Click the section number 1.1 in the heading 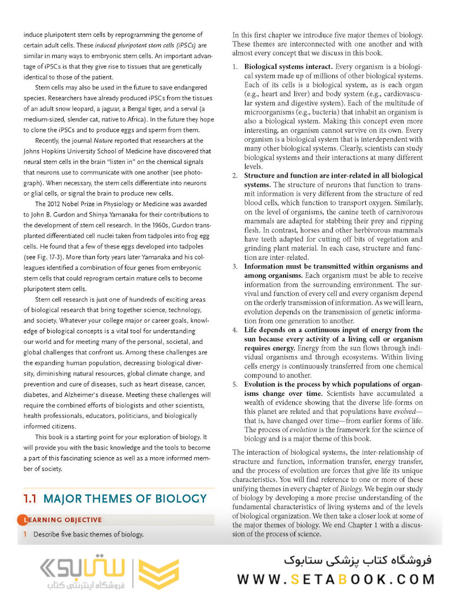click(30, 499)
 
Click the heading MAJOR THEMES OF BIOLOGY click(124, 499)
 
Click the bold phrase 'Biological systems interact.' click(288, 66)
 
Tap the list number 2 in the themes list click(234, 175)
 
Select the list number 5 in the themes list click(234, 384)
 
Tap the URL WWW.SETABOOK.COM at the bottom click(336, 579)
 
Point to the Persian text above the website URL click(358, 560)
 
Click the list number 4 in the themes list click(234, 330)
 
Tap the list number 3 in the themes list click(234, 266)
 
